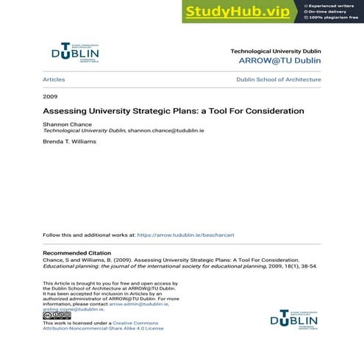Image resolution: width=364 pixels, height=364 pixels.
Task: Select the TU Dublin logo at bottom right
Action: click(294, 318)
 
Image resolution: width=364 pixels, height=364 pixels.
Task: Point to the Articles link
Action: click(54, 79)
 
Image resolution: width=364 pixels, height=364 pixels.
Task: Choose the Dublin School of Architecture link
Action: click(278, 79)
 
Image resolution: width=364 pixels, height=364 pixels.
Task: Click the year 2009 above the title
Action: click(50, 96)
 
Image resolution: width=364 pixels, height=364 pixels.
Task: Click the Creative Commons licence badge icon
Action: click(57, 315)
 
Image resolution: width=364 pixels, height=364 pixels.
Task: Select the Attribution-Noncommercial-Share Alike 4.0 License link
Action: click(103, 329)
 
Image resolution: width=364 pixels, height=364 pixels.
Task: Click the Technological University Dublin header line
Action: click(275, 51)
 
